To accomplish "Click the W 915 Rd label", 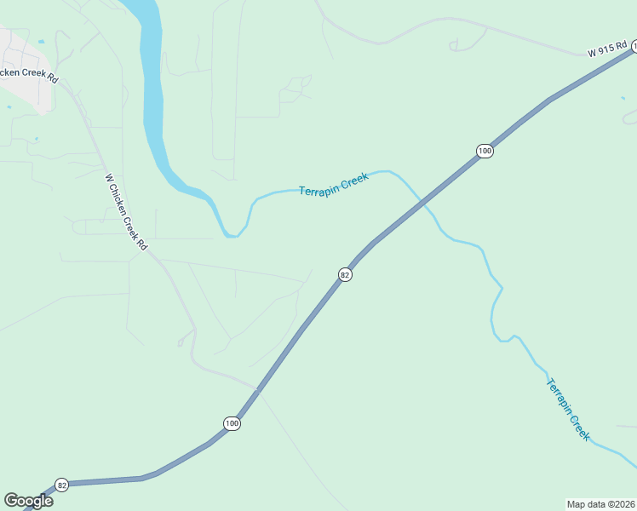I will point(607,50).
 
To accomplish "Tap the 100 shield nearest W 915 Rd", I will point(484,151).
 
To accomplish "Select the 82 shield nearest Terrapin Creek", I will point(345,274).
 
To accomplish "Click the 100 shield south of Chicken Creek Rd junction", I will point(232,422).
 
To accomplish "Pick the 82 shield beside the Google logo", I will point(61,485).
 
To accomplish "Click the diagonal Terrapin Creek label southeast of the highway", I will point(568,409).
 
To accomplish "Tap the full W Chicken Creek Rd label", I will point(126,212).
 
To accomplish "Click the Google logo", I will point(28,501).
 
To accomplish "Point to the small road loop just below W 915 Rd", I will point(470,39).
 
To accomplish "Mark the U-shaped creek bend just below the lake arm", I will point(232,232).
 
